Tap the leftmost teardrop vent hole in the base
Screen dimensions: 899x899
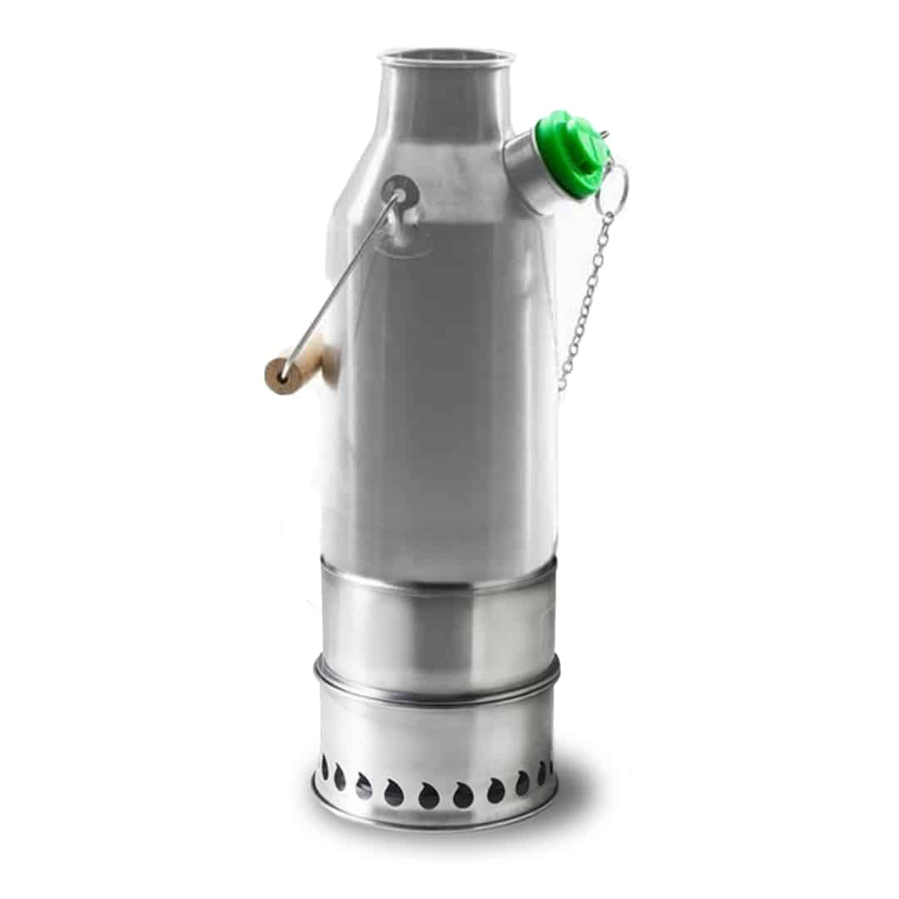325,767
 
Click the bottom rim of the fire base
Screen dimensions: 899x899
433,820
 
